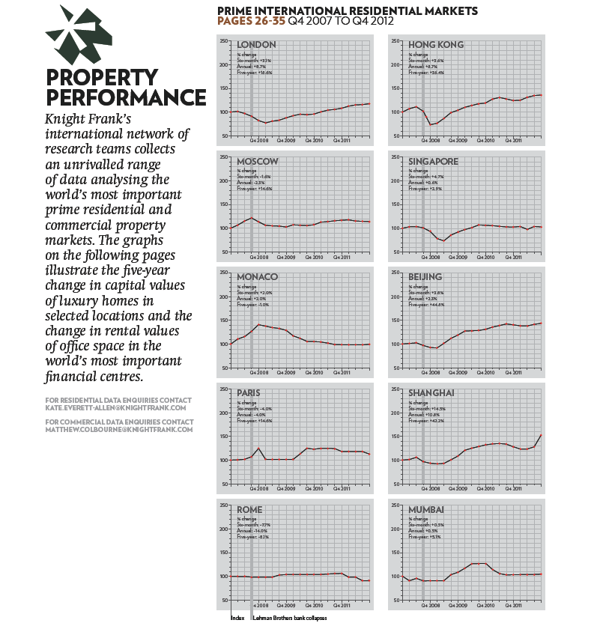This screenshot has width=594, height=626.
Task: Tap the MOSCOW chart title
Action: pos(258,161)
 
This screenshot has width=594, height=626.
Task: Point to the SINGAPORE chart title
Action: pos(434,161)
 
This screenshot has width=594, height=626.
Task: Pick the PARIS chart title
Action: pos(251,393)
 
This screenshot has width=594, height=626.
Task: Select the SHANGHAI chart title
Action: pos(431,393)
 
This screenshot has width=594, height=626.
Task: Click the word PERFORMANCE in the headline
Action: pos(125,98)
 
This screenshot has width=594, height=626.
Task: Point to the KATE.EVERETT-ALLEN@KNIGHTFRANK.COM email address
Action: pos(115,408)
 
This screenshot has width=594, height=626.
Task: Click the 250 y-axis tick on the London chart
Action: pos(224,41)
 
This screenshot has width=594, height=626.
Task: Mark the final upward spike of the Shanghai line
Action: pos(540,435)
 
